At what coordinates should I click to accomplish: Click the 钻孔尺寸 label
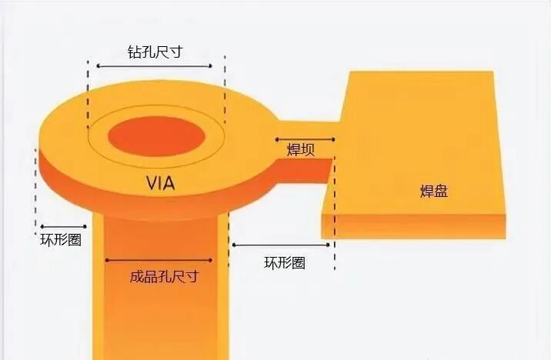pyautogui.click(x=158, y=52)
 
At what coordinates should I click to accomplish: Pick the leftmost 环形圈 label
pyautogui.click(x=61, y=239)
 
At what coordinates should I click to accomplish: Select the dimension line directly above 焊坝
pyautogui.click(x=304, y=140)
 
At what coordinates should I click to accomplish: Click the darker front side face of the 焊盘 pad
pyautogui.click(x=416, y=226)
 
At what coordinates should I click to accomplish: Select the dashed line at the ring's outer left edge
pyautogui.click(x=35, y=185)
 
